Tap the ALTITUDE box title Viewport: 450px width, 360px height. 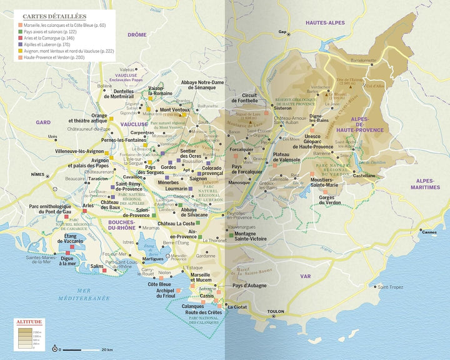click(30, 322)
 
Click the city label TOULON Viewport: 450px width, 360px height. click(275, 311)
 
